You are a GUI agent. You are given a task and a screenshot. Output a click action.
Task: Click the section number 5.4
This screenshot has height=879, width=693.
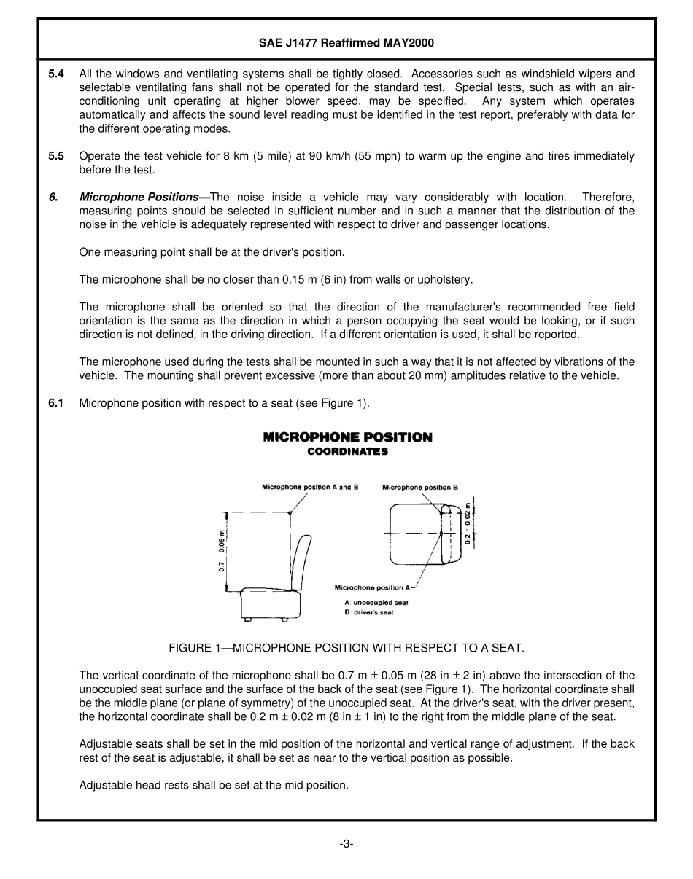[x=56, y=74]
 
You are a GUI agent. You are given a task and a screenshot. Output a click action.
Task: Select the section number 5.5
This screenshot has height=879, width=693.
[x=56, y=156]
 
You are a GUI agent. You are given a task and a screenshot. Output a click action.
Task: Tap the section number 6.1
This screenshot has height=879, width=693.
[x=56, y=403]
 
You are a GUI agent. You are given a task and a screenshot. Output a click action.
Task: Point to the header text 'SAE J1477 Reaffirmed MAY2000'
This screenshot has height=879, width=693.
[x=346, y=43]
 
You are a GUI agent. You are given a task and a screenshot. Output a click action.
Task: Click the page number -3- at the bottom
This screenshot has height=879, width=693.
[x=346, y=844]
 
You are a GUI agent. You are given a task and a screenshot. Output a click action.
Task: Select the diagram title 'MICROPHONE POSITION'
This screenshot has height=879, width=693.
[x=347, y=437]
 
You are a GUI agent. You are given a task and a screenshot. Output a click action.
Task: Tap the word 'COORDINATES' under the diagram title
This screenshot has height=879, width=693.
[x=347, y=451]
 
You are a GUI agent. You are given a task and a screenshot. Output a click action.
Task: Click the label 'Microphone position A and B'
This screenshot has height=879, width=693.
[x=310, y=487]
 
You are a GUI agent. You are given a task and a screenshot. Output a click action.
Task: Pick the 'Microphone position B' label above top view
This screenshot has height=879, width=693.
[x=420, y=487]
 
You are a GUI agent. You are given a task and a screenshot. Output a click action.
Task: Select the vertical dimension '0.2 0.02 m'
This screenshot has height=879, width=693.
[x=468, y=523]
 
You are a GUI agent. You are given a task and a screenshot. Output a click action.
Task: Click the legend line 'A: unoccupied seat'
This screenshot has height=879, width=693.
[x=376, y=603]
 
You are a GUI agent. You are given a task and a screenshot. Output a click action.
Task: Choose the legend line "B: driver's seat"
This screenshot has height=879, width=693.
[x=368, y=613]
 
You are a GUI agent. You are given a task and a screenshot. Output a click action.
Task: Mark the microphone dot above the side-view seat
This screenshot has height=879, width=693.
[x=290, y=513]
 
